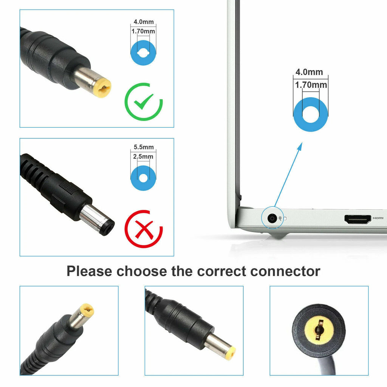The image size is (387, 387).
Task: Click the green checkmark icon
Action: [144, 102]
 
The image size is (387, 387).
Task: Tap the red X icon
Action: [144, 229]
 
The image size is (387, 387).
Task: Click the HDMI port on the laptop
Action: [358, 219]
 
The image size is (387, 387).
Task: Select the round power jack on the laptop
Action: [272, 218]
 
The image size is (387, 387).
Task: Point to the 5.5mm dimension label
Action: [144, 147]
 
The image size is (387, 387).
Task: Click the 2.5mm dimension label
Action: [143, 156]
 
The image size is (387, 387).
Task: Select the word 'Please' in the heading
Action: [89, 271]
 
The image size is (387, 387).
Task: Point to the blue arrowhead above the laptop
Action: [300, 147]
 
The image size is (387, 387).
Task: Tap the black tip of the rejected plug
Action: [107, 227]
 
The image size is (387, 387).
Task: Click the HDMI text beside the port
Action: [378, 218]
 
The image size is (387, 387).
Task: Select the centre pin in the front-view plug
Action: [319, 330]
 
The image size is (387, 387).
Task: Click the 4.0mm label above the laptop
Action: [309, 72]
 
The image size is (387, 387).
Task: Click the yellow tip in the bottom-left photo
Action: [88, 310]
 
